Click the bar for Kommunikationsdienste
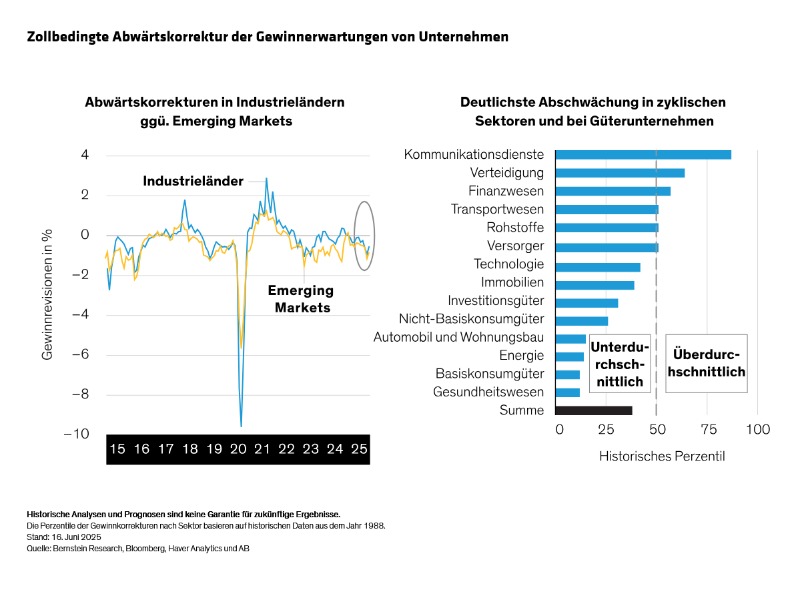[643, 155]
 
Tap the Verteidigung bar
[620, 173]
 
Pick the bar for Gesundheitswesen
[568, 392]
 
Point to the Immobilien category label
[512, 283]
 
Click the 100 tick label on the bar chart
[757, 429]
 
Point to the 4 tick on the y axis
[85, 156]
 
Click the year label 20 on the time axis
[238, 449]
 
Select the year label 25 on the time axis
[359, 449]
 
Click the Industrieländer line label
[193, 182]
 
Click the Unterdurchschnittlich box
[620, 364]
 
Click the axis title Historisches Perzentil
[661, 457]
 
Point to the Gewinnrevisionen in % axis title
[47, 296]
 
